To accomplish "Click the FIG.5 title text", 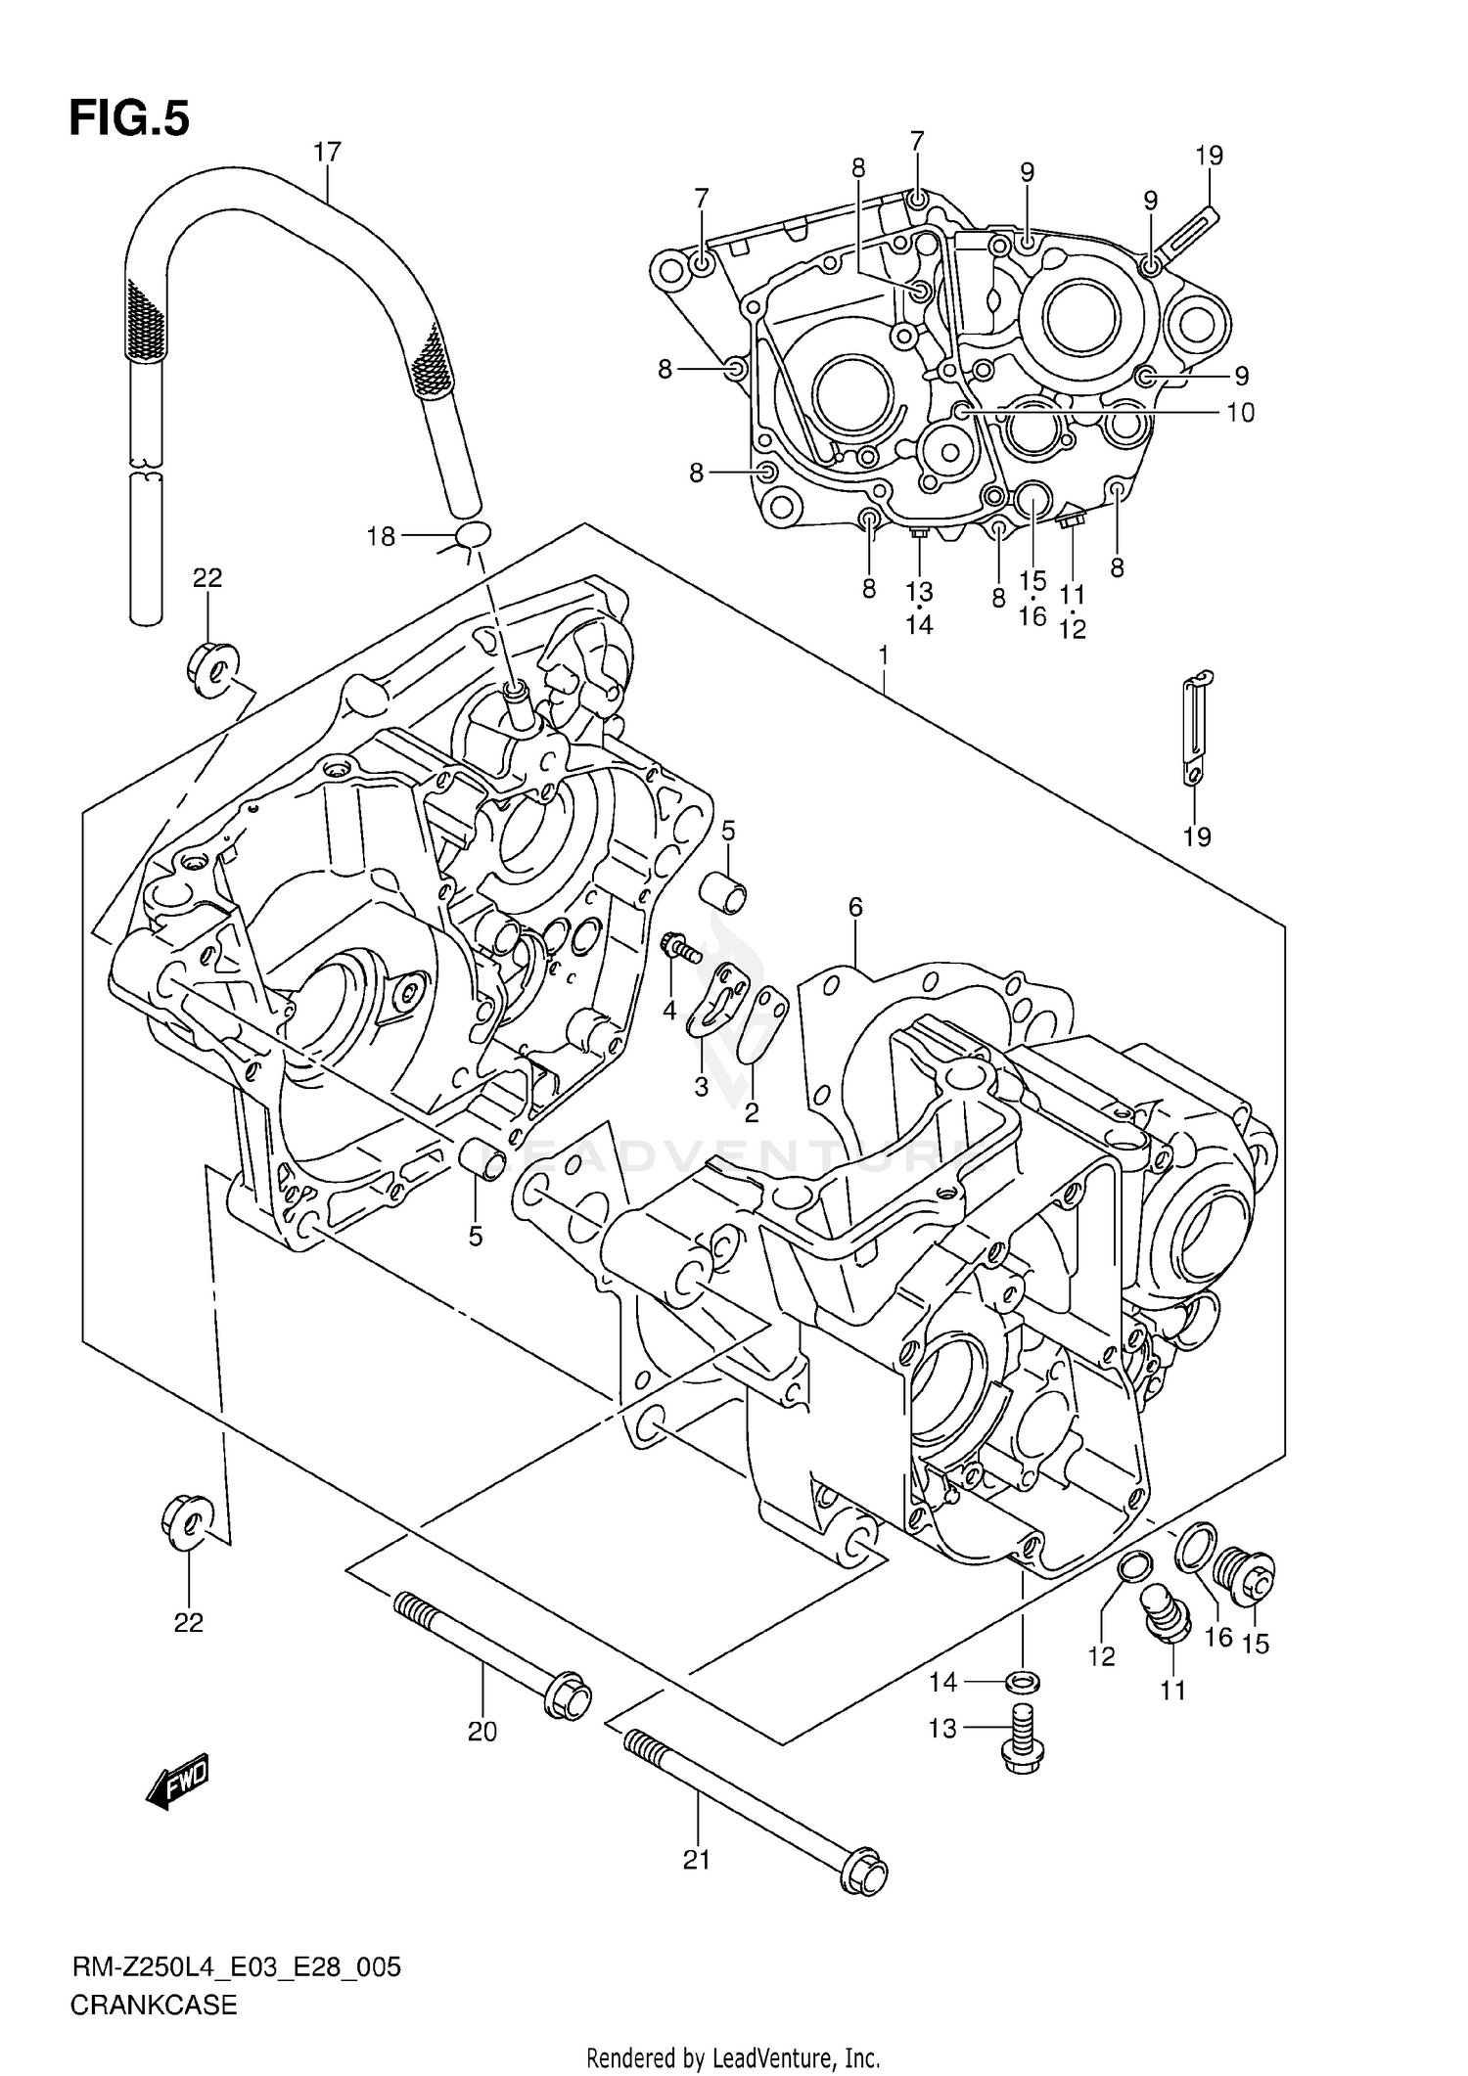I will pos(128,118).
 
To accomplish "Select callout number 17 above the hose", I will pos(327,153).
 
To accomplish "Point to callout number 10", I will pos(1239,413).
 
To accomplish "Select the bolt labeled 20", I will pos(489,1645).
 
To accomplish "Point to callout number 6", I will pos(855,907).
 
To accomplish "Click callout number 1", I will pos(883,654).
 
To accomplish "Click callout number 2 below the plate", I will pos(752,1112).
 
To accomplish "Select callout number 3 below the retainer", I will pos(701,1087).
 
